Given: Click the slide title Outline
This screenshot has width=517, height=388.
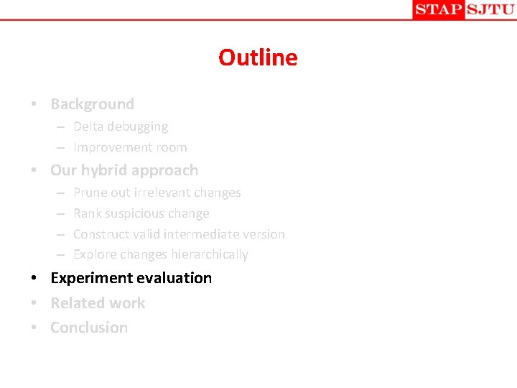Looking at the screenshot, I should tap(258, 57).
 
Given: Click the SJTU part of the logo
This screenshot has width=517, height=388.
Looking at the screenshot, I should tap(490, 9).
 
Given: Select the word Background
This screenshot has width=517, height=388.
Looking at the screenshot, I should tap(92, 104).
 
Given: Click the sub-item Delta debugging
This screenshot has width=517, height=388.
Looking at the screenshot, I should tap(121, 126).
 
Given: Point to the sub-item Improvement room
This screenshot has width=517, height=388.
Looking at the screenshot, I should tap(130, 147).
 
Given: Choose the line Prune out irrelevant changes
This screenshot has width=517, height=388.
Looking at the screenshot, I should tap(157, 193).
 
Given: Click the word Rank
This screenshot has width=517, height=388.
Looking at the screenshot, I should tap(88, 213).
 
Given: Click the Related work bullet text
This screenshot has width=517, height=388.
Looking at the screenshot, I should tap(98, 303).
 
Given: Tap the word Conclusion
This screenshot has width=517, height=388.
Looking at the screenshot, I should tap(89, 328).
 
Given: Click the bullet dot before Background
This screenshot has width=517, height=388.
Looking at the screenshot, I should tap(34, 105).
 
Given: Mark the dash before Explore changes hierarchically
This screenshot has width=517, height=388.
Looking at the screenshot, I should tap(60, 255).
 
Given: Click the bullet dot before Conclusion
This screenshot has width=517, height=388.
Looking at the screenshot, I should tap(34, 328).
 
